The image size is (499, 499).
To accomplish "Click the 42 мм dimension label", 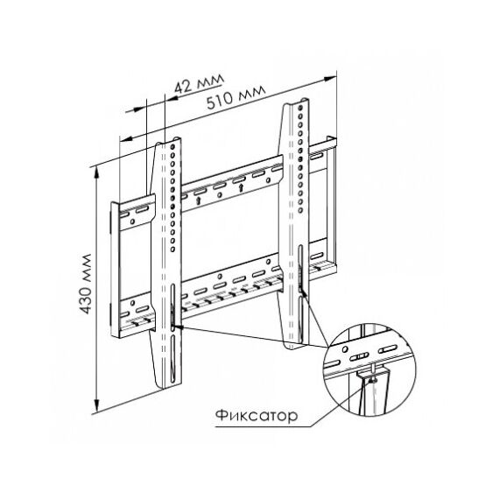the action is (x=199, y=84).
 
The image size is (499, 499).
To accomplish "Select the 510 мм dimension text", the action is (x=235, y=97).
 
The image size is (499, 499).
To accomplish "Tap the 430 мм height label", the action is (x=86, y=284).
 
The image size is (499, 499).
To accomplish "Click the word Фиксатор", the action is (x=257, y=416).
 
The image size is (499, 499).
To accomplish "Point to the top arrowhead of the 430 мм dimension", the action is (x=97, y=172).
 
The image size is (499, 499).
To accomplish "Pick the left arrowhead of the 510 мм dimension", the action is (x=126, y=139).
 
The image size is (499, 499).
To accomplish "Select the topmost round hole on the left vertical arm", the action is (x=172, y=147).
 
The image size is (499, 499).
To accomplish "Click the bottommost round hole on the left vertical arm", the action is (x=172, y=249).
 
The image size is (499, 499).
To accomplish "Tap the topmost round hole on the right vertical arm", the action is (x=299, y=108).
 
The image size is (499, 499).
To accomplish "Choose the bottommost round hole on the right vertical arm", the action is (x=299, y=210).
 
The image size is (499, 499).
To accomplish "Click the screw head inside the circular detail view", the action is (x=371, y=380).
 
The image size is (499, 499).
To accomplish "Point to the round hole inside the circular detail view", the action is (x=345, y=349).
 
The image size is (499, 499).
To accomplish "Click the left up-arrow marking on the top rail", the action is (x=199, y=200).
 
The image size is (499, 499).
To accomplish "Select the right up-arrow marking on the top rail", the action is (x=241, y=187).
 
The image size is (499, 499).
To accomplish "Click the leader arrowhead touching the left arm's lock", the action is (x=179, y=327).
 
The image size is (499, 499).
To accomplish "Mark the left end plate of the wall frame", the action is (x=115, y=270).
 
